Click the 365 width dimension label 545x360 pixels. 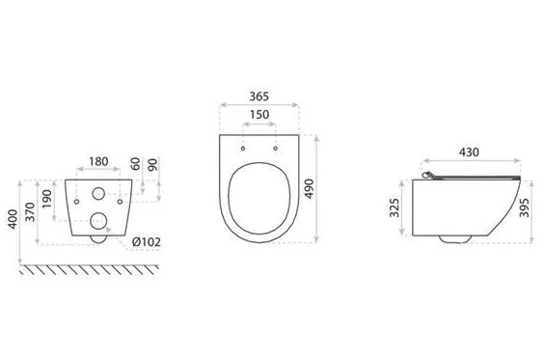(x=259, y=97)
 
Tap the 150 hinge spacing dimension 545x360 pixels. (x=259, y=115)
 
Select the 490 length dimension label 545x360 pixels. (x=309, y=189)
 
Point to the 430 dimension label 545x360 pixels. (x=469, y=152)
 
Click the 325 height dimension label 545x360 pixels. (x=395, y=208)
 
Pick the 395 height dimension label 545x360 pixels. (x=524, y=208)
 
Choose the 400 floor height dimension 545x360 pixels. (x=13, y=219)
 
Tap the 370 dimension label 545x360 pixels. (x=30, y=211)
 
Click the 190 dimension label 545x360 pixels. (x=47, y=199)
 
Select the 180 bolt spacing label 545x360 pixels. (x=98, y=161)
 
